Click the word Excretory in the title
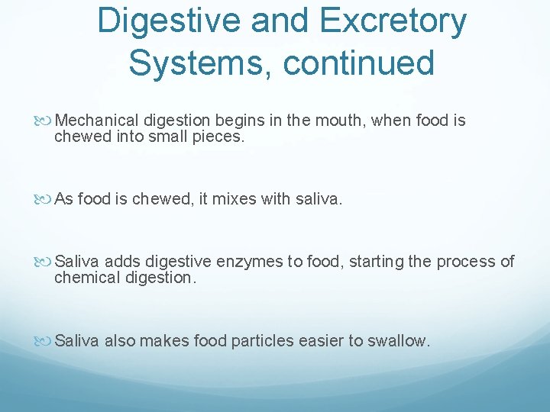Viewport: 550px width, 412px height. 391,21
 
